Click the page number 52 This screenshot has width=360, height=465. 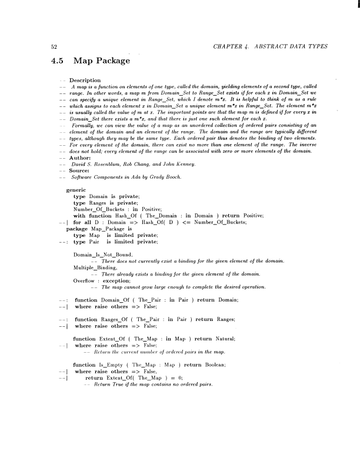coord(52,46)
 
